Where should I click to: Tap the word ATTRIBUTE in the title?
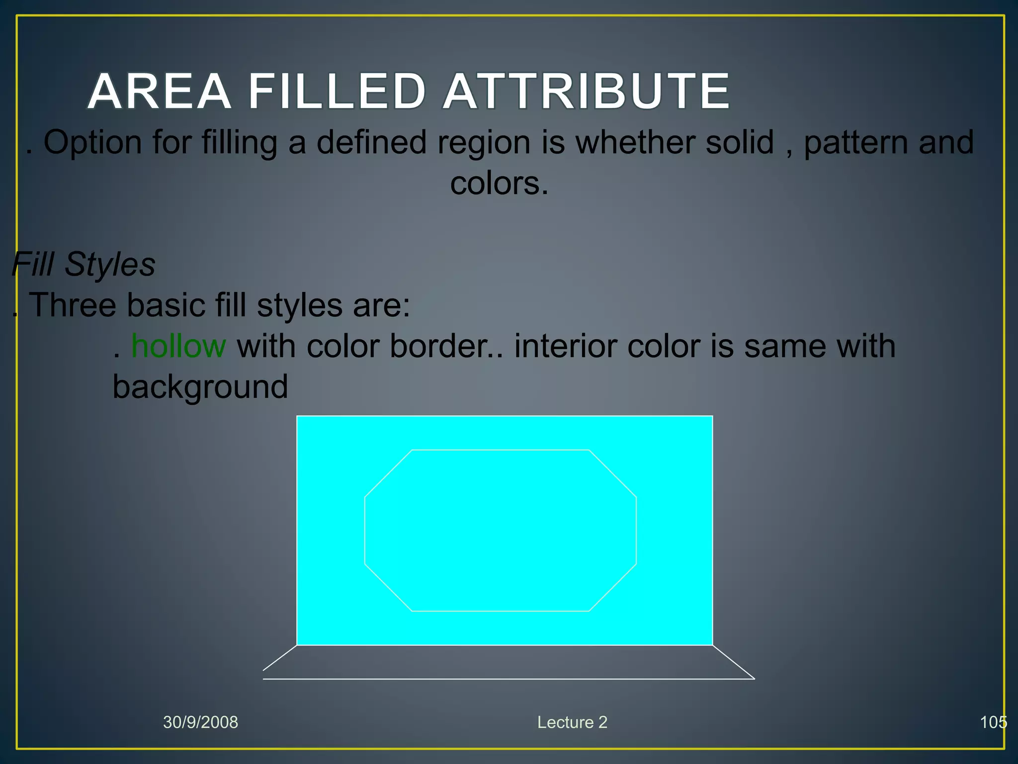point(587,92)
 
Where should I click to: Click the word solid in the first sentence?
point(740,142)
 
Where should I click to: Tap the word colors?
point(499,183)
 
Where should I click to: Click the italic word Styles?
point(110,264)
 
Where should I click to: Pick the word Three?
point(74,304)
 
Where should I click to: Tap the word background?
point(200,387)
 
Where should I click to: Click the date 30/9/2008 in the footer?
point(201,722)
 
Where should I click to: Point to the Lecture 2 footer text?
point(572,722)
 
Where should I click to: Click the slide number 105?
point(993,722)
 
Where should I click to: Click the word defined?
point(371,142)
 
